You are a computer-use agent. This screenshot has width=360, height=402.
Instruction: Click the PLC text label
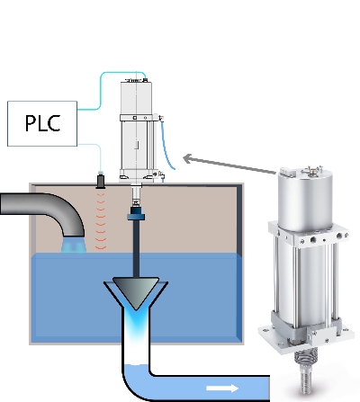(x=42, y=123)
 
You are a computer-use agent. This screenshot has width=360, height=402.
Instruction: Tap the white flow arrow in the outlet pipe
(x=222, y=389)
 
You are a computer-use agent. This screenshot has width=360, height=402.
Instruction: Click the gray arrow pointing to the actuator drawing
(x=229, y=164)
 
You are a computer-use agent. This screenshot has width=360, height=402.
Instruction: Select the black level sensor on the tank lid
(x=101, y=181)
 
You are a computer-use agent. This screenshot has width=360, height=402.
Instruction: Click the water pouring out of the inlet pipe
(x=74, y=245)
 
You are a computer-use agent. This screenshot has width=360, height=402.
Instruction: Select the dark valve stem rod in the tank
(x=136, y=249)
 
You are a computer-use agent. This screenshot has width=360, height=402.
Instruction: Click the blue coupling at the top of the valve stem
(x=136, y=213)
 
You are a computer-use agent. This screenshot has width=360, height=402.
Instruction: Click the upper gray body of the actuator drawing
(x=136, y=98)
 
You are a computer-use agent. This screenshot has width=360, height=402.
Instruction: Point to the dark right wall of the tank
(x=239, y=219)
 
